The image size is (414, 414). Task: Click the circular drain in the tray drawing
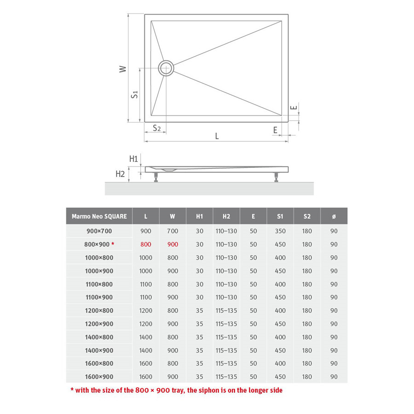[x=166, y=68]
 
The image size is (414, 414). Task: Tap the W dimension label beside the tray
[x=122, y=69]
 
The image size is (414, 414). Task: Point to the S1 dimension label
[x=134, y=94]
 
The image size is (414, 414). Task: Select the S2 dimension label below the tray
[x=157, y=128]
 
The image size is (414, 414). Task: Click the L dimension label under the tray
[x=217, y=136]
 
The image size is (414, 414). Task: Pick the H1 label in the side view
[x=133, y=159]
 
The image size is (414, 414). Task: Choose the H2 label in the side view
[x=120, y=174]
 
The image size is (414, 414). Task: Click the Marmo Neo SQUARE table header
[x=99, y=216]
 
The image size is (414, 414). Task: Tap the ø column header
[x=334, y=216]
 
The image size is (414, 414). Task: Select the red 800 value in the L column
[x=145, y=244]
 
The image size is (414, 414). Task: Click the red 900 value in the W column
[x=172, y=244]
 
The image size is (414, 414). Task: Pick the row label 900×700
[x=99, y=231]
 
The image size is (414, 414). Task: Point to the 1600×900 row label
[x=99, y=377]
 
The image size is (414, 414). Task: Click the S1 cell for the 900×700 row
[x=280, y=231]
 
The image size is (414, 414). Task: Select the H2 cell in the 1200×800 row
[x=226, y=310]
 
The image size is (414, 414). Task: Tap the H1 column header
[x=199, y=216]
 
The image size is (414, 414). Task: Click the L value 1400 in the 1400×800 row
[x=145, y=337]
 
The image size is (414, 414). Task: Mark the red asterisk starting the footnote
[x=72, y=390]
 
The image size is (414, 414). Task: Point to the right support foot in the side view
[x=276, y=177]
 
